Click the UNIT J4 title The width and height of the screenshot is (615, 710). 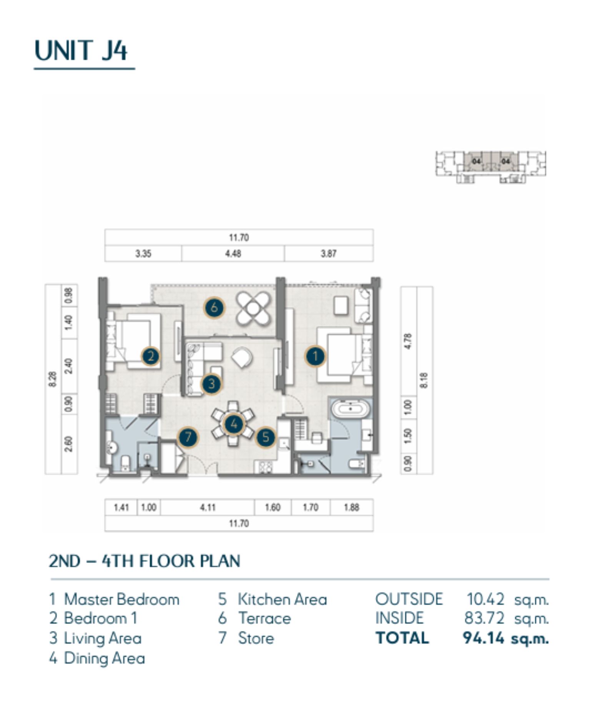[x=81, y=50]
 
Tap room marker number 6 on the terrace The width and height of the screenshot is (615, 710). [x=214, y=307]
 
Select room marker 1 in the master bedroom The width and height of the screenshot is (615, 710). [x=315, y=356]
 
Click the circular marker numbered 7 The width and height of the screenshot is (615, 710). [x=188, y=437]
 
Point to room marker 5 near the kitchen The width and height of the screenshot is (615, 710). [x=266, y=437]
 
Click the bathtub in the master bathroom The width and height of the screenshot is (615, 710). [x=350, y=408]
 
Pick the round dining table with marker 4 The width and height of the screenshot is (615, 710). [x=233, y=424]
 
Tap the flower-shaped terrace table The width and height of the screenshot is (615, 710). [x=253, y=308]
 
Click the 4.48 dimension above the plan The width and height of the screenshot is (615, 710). [x=233, y=254]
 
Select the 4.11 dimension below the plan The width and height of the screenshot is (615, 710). [x=208, y=508]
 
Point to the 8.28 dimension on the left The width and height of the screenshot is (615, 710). [x=53, y=379]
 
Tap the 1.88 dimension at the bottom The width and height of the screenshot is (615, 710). [x=351, y=508]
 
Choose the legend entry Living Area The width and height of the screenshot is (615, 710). [x=103, y=638]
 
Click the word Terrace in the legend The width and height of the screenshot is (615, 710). [x=264, y=618]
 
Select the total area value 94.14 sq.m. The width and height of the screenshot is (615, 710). [x=506, y=638]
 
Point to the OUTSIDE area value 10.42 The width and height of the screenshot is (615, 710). [x=485, y=599]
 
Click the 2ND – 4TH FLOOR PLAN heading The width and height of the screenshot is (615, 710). [x=145, y=561]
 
